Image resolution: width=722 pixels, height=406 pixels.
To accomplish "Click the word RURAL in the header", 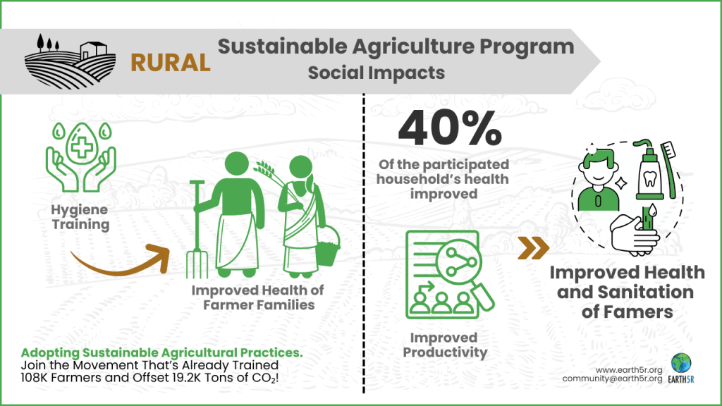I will click(171, 63).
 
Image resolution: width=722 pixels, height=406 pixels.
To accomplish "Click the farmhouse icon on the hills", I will click(91, 49).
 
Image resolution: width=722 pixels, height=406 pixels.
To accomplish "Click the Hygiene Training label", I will click(80, 217).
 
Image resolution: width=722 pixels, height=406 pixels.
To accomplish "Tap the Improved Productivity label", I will click(444, 344).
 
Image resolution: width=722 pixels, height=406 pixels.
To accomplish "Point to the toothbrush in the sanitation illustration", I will click(670, 166).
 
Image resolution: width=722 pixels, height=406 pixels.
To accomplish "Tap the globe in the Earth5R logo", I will click(681, 362).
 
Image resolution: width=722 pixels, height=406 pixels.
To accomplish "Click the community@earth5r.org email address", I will click(611, 379).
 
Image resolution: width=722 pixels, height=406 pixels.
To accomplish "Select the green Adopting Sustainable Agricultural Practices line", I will click(161, 352).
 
